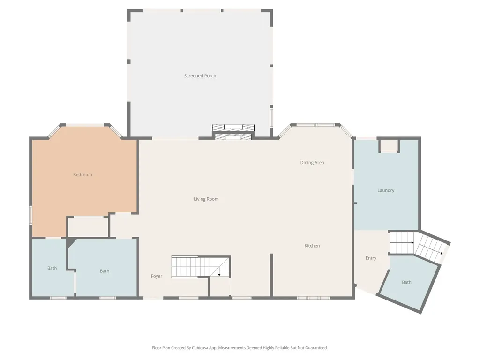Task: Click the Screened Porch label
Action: [x=200, y=75]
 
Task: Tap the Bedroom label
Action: [x=82, y=174]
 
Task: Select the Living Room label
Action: [x=206, y=199]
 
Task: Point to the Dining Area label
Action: [x=312, y=163]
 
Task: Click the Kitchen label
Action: [x=312, y=246]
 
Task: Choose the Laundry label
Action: [x=386, y=190]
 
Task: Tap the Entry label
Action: [x=371, y=258]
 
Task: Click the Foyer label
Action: [x=157, y=276]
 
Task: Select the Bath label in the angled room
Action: [x=406, y=282]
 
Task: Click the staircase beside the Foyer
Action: [x=201, y=267]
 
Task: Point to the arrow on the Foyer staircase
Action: [x=219, y=271]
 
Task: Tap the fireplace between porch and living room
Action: [x=233, y=132]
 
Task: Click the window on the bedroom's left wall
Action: [x=30, y=215]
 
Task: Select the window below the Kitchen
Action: [x=314, y=298]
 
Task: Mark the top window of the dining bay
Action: [x=316, y=125]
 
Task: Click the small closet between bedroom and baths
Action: [x=88, y=227]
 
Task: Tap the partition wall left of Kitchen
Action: [x=271, y=275]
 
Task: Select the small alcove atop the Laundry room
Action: [x=389, y=146]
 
